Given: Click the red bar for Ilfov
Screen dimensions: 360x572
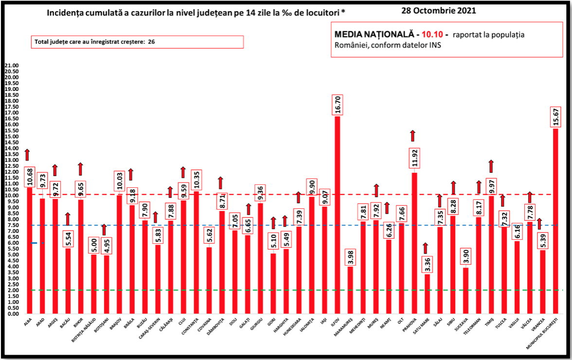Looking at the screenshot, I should pyautogui.click(x=338, y=214).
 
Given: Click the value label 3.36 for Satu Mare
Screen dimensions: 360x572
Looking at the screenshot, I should pyautogui.click(x=426, y=263).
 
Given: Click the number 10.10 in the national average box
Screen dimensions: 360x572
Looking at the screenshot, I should pyautogui.click(x=432, y=35).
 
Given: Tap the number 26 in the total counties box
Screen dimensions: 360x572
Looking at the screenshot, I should pyautogui.click(x=151, y=42).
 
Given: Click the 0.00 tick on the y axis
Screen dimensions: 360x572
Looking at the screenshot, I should pyautogui.click(x=12, y=314).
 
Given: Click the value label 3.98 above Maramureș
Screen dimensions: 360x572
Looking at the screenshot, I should pyautogui.click(x=350, y=256).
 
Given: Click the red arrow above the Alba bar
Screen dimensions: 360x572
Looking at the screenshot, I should pyautogui.click(x=28, y=154).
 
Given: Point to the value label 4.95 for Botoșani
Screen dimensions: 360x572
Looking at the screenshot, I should pyautogui.click(x=106, y=245).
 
